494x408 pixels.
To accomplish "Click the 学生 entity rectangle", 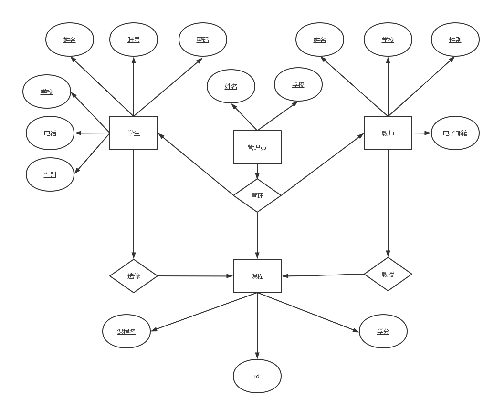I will coord(134,133).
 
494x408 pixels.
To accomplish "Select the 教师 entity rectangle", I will coord(388,133).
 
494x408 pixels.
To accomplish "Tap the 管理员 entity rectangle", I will coord(257,147).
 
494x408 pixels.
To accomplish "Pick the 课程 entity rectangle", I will coord(257,276).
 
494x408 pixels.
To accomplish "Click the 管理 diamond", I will coord(257,195).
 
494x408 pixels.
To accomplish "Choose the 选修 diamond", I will coord(134,276).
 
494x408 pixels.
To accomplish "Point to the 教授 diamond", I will coord(388,274).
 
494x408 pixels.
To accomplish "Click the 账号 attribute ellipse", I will coord(134,40).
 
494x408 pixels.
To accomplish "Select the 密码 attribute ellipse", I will coord(202,40).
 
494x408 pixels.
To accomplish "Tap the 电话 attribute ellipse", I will coord(50,133).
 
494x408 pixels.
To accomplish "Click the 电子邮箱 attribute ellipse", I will coord(455,133).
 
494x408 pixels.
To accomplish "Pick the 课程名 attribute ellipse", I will coord(126,331).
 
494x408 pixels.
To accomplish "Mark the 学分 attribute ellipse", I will coord(383,331).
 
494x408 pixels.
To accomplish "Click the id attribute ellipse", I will coord(257,376).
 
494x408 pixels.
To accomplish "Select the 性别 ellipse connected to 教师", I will coord(455,40).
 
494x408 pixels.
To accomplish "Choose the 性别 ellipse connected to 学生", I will coord(50,174).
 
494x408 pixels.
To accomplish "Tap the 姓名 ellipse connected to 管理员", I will coord(231,86).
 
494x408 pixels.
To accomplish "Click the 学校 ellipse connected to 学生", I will coord(47,92).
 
